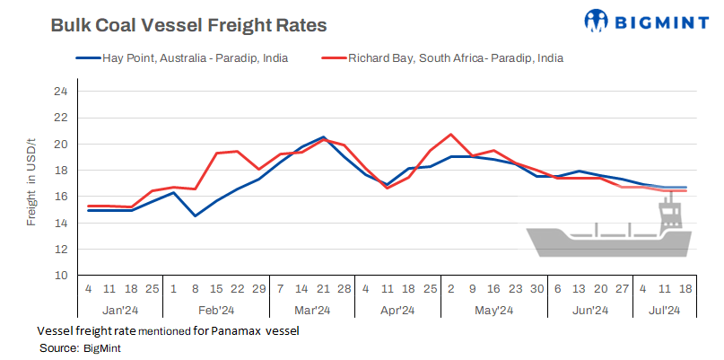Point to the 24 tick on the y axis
click(60, 92)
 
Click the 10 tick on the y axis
click(60, 276)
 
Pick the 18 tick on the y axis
click(60, 171)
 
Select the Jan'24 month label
click(119, 311)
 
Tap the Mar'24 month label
click(311, 311)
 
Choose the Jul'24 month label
click(663, 311)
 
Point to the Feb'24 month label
click(215, 311)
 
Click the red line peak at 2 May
click(450, 135)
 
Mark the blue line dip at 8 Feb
click(195, 215)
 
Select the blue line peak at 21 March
click(323, 137)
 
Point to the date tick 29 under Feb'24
click(259, 290)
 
